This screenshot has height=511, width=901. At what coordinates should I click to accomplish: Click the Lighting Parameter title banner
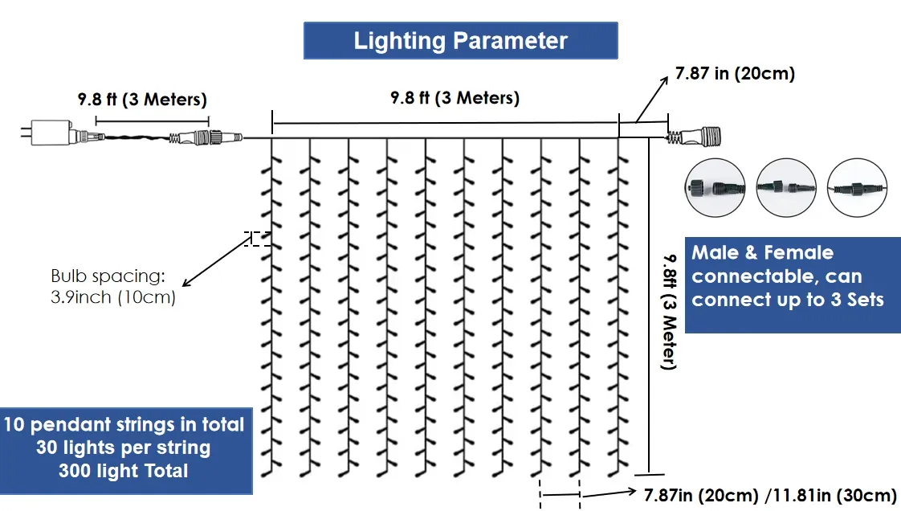coord(460,41)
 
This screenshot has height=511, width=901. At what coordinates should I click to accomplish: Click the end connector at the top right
coord(699,137)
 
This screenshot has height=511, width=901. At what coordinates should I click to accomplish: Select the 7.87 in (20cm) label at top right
coord(735,74)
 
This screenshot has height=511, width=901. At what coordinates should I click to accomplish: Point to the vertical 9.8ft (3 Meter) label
coord(669,310)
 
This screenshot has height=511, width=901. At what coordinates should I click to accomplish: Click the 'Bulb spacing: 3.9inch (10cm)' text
coord(108,287)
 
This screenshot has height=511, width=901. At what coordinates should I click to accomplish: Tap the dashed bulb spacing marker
coord(258,239)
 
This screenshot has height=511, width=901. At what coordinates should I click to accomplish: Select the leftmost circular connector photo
coord(710,187)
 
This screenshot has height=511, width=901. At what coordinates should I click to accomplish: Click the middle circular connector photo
coord(786,187)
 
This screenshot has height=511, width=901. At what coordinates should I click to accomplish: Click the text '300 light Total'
coord(123,471)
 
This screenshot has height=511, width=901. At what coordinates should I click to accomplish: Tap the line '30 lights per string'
coord(123,448)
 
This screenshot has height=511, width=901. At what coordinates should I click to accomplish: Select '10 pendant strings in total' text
coord(123,424)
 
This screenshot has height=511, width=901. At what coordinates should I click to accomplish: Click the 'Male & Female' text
coord(762,253)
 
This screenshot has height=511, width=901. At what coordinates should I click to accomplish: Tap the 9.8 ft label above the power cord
coord(142,100)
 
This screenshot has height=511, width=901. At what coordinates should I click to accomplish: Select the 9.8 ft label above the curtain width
coord(455,98)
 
